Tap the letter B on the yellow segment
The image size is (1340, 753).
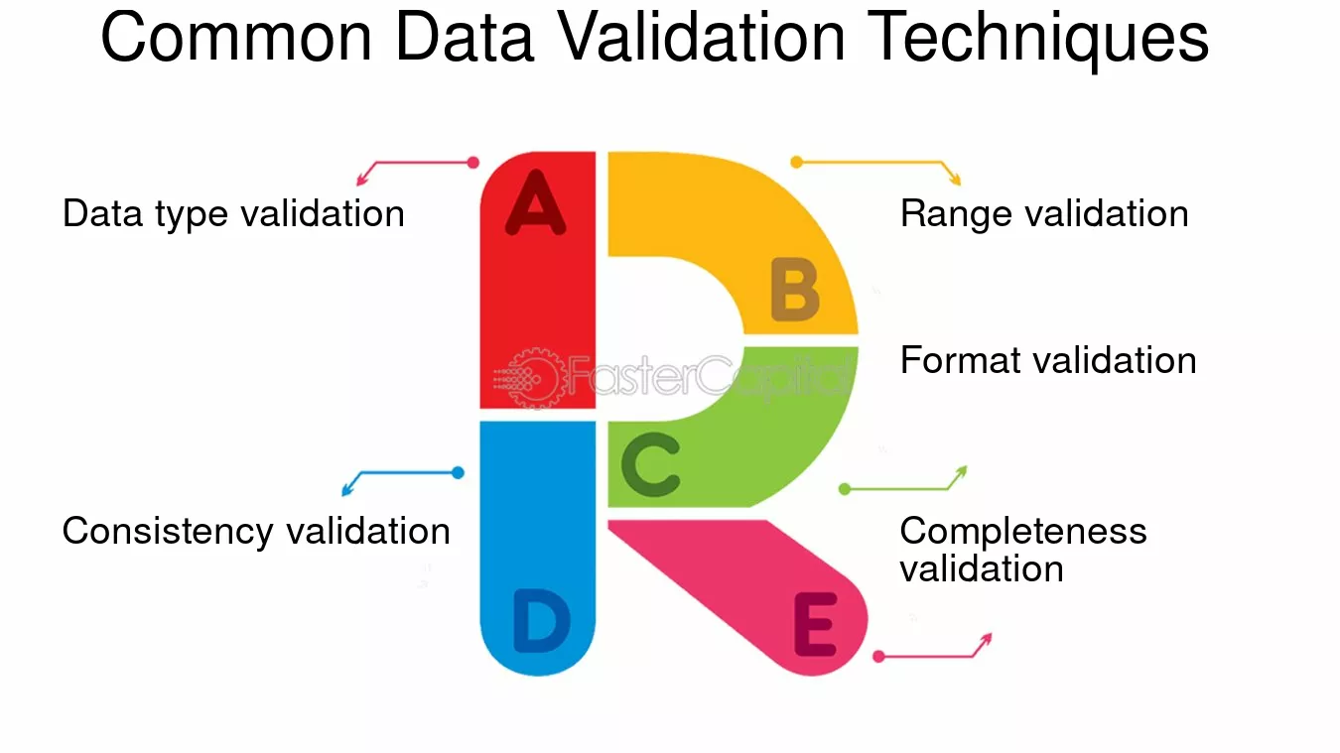[794, 289]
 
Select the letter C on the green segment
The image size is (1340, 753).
[651, 464]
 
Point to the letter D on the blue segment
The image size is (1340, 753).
[541, 620]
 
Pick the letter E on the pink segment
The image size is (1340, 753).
[815, 624]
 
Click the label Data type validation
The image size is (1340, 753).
[233, 213]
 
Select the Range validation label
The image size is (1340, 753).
[1044, 213]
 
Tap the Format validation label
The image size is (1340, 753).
[1048, 360]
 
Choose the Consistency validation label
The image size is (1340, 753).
[256, 531]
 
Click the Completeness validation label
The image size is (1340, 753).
[1023, 549]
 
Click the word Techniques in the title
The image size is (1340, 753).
[1038, 38]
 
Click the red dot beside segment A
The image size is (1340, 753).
[473, 162]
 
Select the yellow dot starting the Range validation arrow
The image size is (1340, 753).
[796, 162]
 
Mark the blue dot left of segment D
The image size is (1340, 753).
[458, 472]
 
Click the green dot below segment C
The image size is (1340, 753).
[845, 489]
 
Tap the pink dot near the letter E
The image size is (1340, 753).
[878, 657]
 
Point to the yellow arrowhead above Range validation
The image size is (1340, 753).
[956, 180]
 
